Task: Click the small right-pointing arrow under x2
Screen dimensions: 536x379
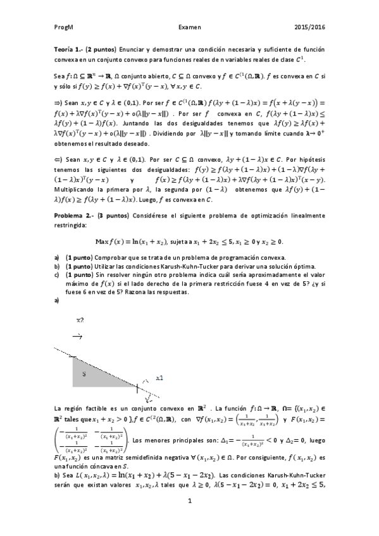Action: pyautogui.click(x=77, y=337)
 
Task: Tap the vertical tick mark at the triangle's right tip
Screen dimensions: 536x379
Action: pyautogui.click(x=138, y=385)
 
